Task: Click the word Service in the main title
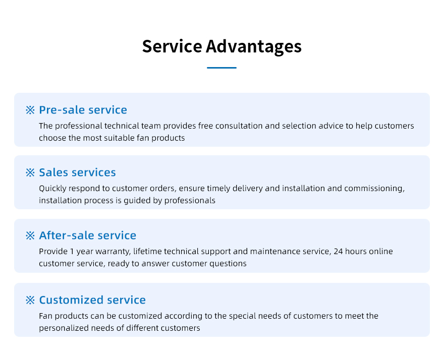[x=172, y=46]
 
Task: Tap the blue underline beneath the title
[x=221, y=68]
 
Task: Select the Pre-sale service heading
[x=83, y=110]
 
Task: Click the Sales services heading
[x=77, y=172]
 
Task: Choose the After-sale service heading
[x=87, y=235]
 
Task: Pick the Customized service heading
[x=92, y=300]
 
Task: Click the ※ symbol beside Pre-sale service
[x=30, y=110]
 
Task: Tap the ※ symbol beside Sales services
[x=30, y=172]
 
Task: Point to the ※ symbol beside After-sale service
[x=30, y=235]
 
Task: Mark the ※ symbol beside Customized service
[x=30, y=300]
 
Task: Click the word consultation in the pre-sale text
[x=239, y=126]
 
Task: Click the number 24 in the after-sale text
[x=338, y=251]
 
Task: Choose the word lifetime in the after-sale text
[x=147, y=251]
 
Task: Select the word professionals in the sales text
[x=190, y=200]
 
